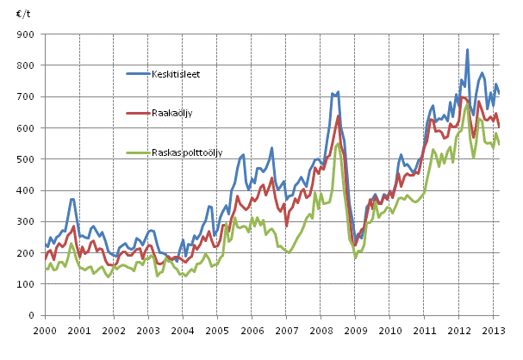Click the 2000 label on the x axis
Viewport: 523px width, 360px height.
(45, 331)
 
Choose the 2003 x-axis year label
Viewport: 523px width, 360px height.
(148, 331)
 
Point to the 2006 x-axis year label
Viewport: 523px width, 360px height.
(252, 331)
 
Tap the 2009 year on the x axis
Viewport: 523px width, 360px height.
(356, 331)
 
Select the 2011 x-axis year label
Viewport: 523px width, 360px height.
(425, 331)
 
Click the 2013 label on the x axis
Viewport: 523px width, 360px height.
(494, 331)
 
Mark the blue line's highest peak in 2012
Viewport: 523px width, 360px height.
(468, 49)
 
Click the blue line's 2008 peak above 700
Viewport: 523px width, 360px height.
(338, 91)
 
